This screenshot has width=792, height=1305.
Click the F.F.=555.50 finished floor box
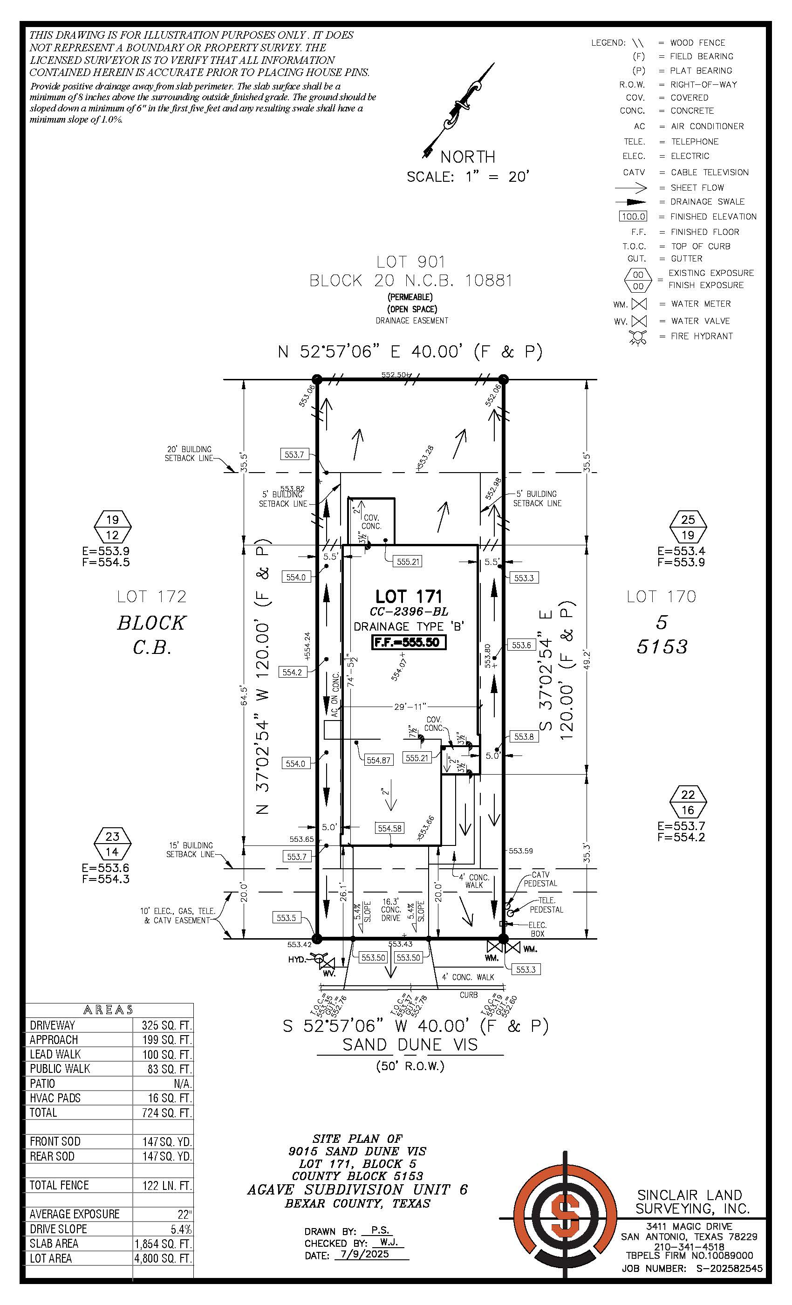408,642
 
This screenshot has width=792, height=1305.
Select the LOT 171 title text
408,597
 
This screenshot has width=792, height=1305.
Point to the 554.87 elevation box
378,760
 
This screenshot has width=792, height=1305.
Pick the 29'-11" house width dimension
410,707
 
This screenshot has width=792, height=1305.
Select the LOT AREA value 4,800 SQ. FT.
163,1258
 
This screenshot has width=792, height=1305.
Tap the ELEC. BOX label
537,929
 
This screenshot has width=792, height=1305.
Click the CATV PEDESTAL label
540,879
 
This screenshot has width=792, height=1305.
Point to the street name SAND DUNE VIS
410,1045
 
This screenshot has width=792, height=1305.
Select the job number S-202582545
725,1269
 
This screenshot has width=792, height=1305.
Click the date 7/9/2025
365,1255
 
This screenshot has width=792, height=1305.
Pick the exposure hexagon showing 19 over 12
112,527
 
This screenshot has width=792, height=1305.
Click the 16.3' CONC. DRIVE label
391,909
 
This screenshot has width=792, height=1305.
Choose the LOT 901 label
411,261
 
